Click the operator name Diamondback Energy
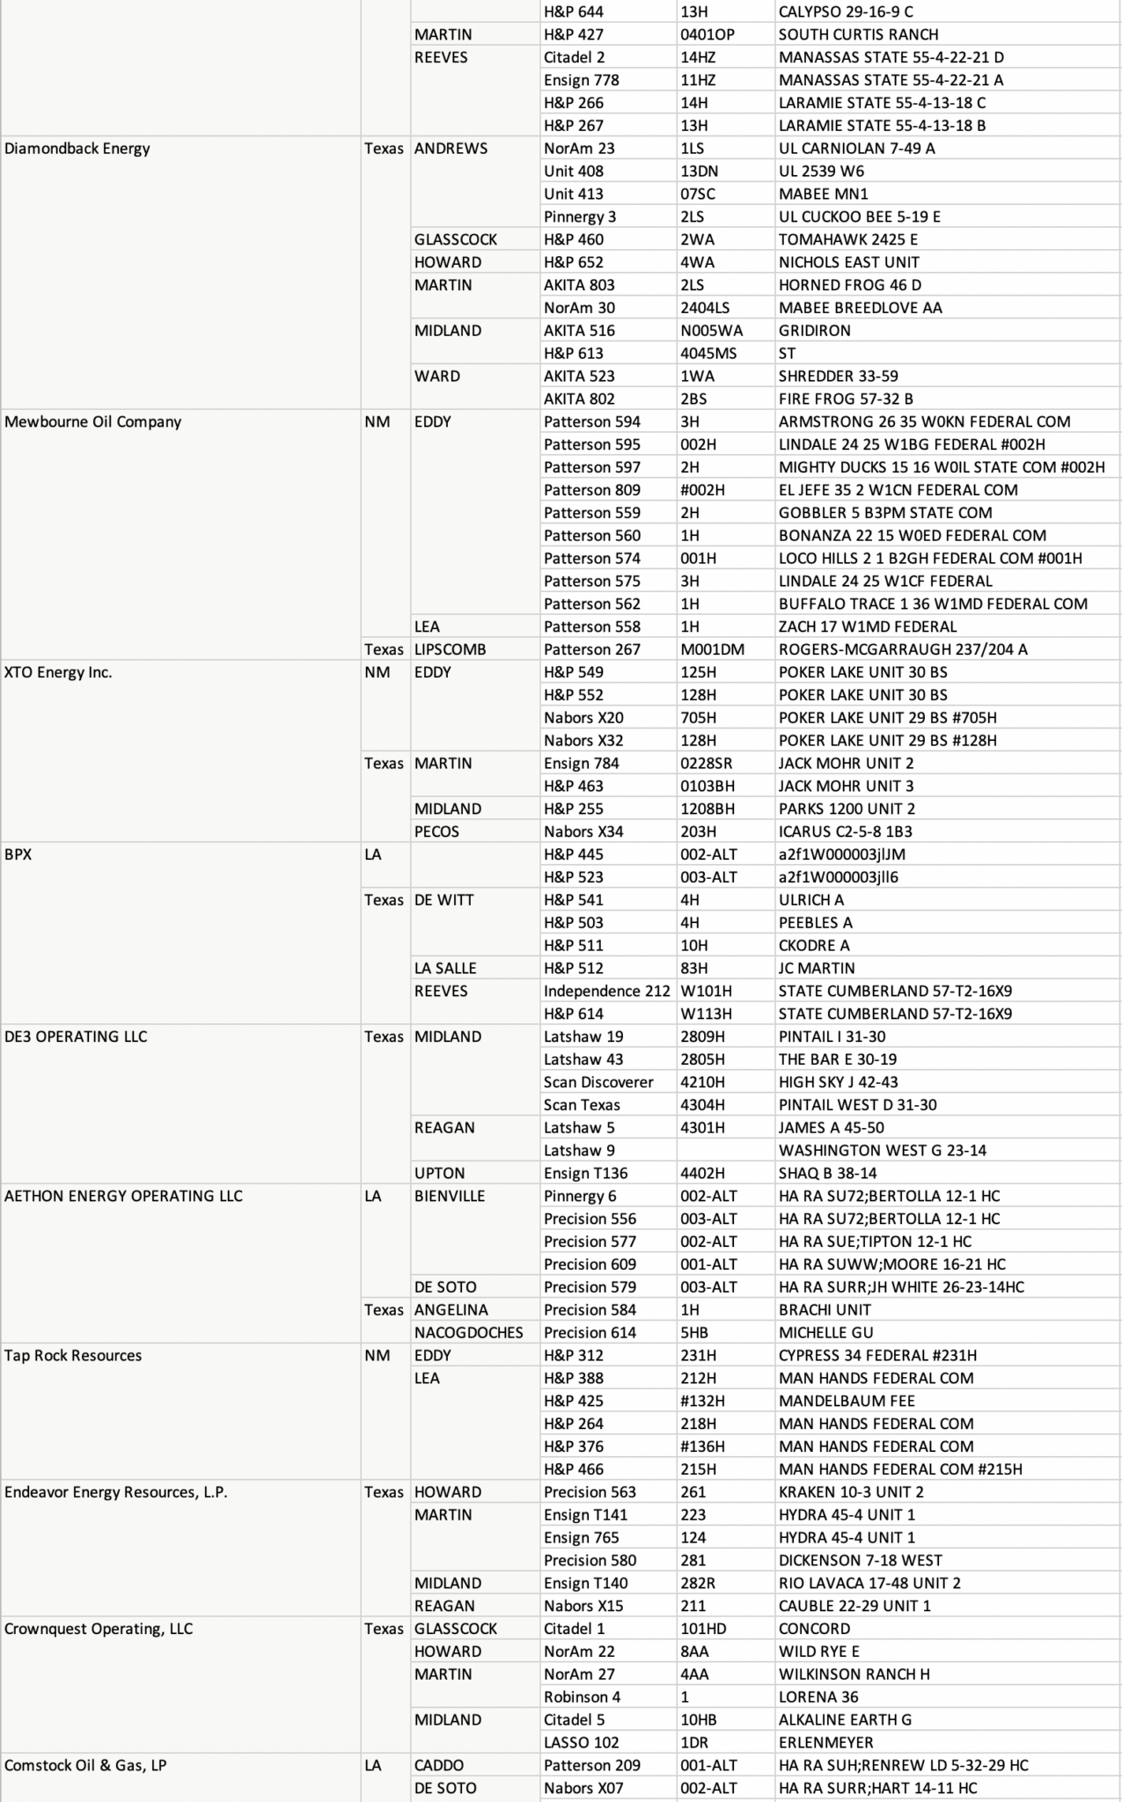(x=77, y=148)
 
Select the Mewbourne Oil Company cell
(x=92, y=421)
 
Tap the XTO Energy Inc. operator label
(x=58, y=672)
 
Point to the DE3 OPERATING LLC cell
(x=76, y=1037)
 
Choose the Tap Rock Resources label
(x=73, y=1355)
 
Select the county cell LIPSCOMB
(x=450, y=649)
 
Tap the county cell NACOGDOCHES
(x=468, y=1332)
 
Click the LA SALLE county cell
(x=445, y=968)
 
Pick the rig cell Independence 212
(x=606, y=991)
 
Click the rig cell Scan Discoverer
(x=598, y=1082)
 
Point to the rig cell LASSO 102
(x=581, y=1742)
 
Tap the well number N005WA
(x=711, y=331)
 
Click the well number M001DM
(x=712, y=649)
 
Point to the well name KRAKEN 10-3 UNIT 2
(x=851, y=1491)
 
